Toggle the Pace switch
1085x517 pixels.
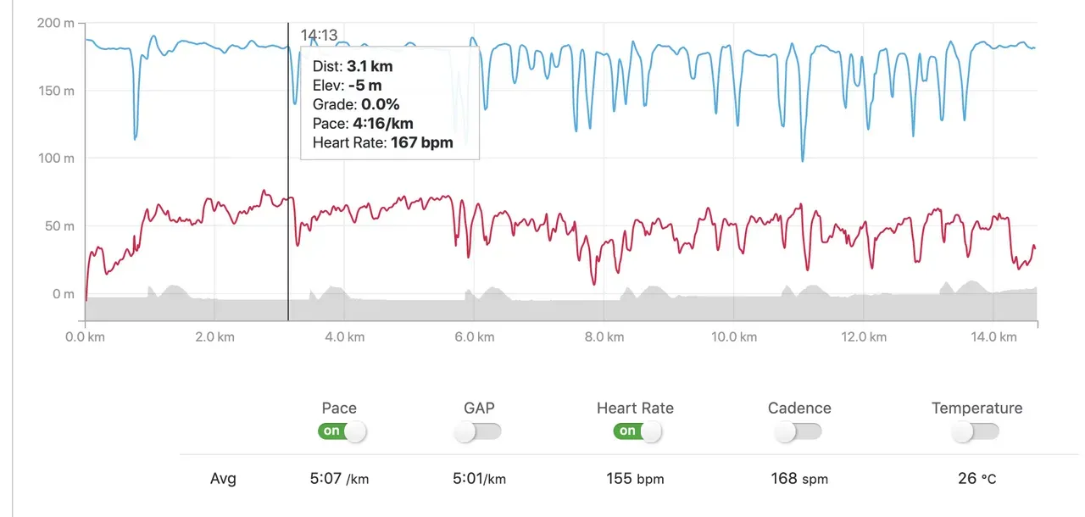pyautogui.click(x=342, y=431)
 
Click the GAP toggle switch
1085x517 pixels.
pyautogui.click(x=477, y=432)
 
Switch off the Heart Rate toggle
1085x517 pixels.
pyautogui.click(x=637, y=431)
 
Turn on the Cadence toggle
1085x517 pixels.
pyautogui.click(x=798, y=432)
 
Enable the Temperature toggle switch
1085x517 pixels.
pyautogui.click(x=975, y=432)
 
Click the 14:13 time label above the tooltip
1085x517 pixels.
pyautogui.click(x=319, y=36)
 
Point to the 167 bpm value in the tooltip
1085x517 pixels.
pyautogui.click(x=421, y=142)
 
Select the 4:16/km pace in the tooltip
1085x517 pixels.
pyautogui.click(x=387, y=124)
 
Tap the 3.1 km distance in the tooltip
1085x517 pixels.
pyautogui.click(x=370, y=66)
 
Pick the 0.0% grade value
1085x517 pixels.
pyautogui.click(x=380, y=104)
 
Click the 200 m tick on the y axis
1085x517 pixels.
pyautogui.click(x=56, y=23)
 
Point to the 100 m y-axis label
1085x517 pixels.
pyautogui.click(x=56, y=158)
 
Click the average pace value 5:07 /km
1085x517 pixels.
pyautogui.click(x=339, y=479)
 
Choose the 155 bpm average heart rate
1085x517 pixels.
pyautogui.click(x=635, y=479)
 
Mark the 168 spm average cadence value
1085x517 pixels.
pyautogui.click(x=798, y=479)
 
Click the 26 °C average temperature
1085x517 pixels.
pyautogui.click(x=976, y=479)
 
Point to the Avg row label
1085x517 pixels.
pyautogui.click(x=223, y=479)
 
